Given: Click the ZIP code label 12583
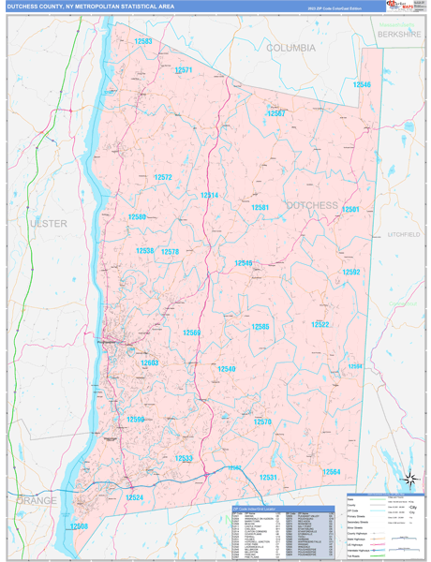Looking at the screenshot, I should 143,42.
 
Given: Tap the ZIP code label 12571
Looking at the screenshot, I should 183,70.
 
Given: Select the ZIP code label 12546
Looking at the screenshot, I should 362,85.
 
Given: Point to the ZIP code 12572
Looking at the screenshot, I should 163,177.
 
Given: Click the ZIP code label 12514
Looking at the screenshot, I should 209,196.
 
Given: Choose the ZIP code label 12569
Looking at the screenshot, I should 191,333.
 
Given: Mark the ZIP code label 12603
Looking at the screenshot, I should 150,362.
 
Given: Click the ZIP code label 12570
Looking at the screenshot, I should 262,422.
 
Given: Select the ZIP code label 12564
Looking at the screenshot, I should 332,473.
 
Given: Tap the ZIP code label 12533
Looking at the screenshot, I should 184,458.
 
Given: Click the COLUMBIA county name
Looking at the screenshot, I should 290,47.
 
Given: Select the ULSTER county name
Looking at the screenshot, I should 49,224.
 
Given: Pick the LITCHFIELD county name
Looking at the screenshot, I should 403,234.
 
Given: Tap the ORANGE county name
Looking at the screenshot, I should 36,501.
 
